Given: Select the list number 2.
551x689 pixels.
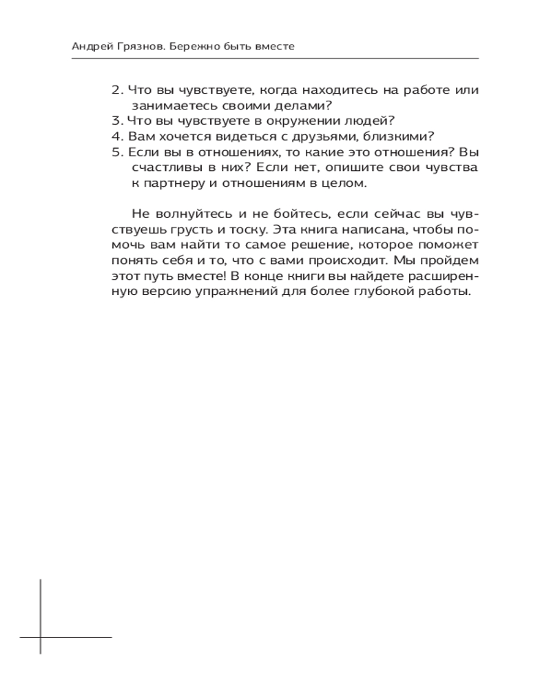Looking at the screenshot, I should click(116, 90).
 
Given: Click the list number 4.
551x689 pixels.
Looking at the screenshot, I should click(116, 136).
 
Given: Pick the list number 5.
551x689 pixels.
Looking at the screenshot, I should click(116, 151).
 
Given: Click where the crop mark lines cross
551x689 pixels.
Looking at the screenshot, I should click(40, 637).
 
